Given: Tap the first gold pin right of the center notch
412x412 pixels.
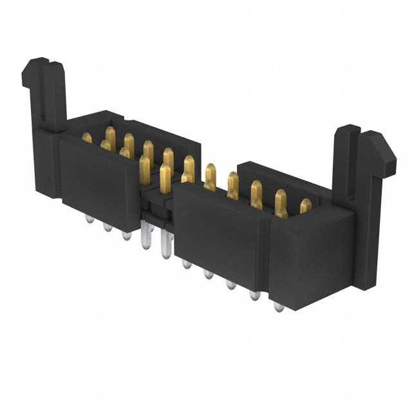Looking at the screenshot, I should (188, 171).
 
